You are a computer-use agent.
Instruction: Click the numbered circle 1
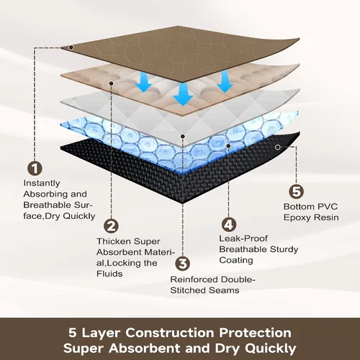point(35,168)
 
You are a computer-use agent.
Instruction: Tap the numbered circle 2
point(111,226)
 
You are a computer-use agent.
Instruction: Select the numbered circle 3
point(183,264)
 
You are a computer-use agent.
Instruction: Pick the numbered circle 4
point(229,225)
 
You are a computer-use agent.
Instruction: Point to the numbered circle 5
point(296,192)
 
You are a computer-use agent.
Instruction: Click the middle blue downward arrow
point(183,94)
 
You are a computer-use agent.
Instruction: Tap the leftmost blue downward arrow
point(144,81)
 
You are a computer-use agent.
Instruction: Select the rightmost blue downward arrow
point(225,81)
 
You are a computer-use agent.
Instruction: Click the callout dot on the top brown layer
point(71,48)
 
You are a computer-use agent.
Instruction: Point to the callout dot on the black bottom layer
point(278,147)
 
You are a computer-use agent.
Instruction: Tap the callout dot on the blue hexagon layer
point(228,145)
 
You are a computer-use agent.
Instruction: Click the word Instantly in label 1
point(42,184)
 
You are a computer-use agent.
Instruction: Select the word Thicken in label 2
point(114,241)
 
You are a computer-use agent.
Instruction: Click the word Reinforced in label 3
point(194,279)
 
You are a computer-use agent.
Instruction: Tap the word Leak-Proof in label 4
point(243,238)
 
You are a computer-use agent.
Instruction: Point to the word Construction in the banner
point(170,333)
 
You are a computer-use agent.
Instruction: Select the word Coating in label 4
point(236,261)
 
